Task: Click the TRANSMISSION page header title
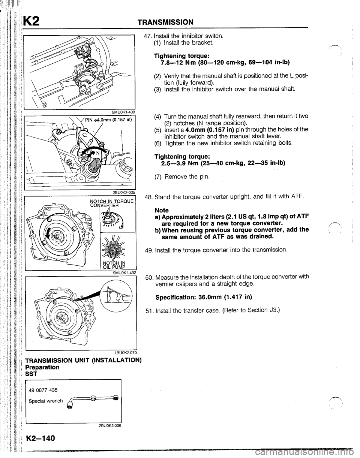click(165, 22)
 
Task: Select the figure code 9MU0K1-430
click(124, 112)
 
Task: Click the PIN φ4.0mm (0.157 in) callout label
click(109, 121)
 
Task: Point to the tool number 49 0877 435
click(43, 390)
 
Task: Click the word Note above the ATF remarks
click(162, 210)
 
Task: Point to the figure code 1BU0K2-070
click(126, 353)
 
